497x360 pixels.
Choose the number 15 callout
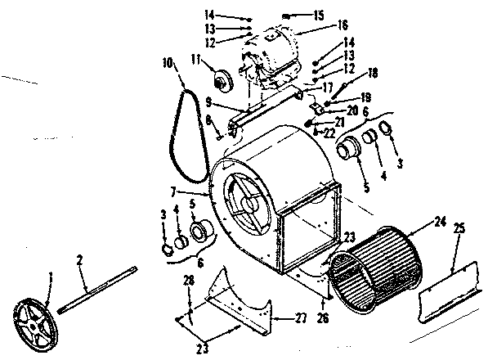coord(295,14)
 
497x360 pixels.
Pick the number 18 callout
coord(351,73)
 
